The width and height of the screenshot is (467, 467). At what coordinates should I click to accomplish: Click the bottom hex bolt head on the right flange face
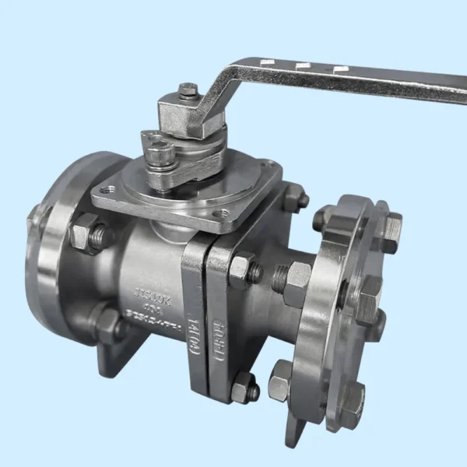click(351, 399)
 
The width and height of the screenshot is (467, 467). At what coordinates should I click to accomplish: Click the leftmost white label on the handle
click(267, 61)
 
